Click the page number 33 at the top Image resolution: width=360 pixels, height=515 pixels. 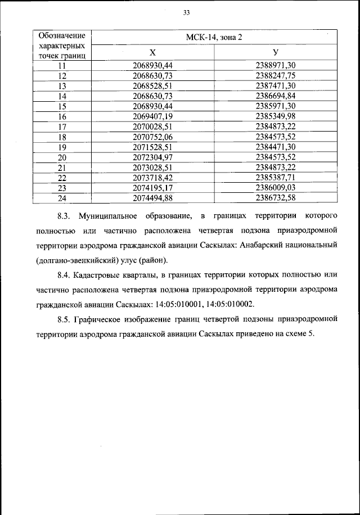pos(186,13)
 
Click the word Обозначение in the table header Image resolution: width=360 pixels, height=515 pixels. pos(62,35)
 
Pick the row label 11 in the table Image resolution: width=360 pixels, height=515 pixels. pos(62,65)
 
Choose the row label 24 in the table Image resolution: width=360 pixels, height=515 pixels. pos(62,197)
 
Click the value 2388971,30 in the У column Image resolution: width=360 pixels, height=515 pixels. pos(276,65)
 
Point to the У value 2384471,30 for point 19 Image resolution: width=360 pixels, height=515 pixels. pos(276,146)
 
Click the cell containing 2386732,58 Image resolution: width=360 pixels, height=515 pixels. pos(276,197)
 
